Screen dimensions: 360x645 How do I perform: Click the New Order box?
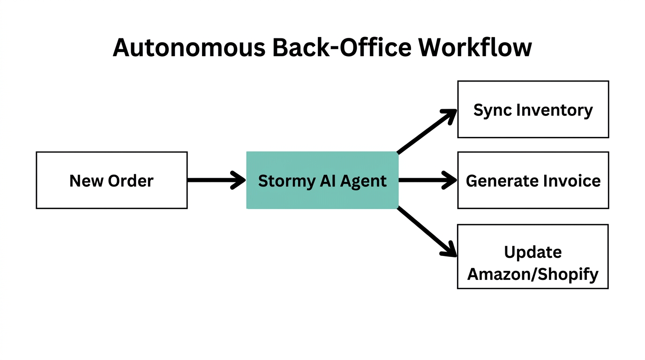click(x=112, y=180)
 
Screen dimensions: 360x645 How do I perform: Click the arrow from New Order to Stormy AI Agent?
click(x=216, y=180)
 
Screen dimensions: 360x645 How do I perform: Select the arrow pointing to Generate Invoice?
click(x=427, y=180)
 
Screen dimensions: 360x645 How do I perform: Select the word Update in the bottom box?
click(x=533, y=252)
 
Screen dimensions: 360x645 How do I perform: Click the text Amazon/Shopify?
click(x=533, y=274)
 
